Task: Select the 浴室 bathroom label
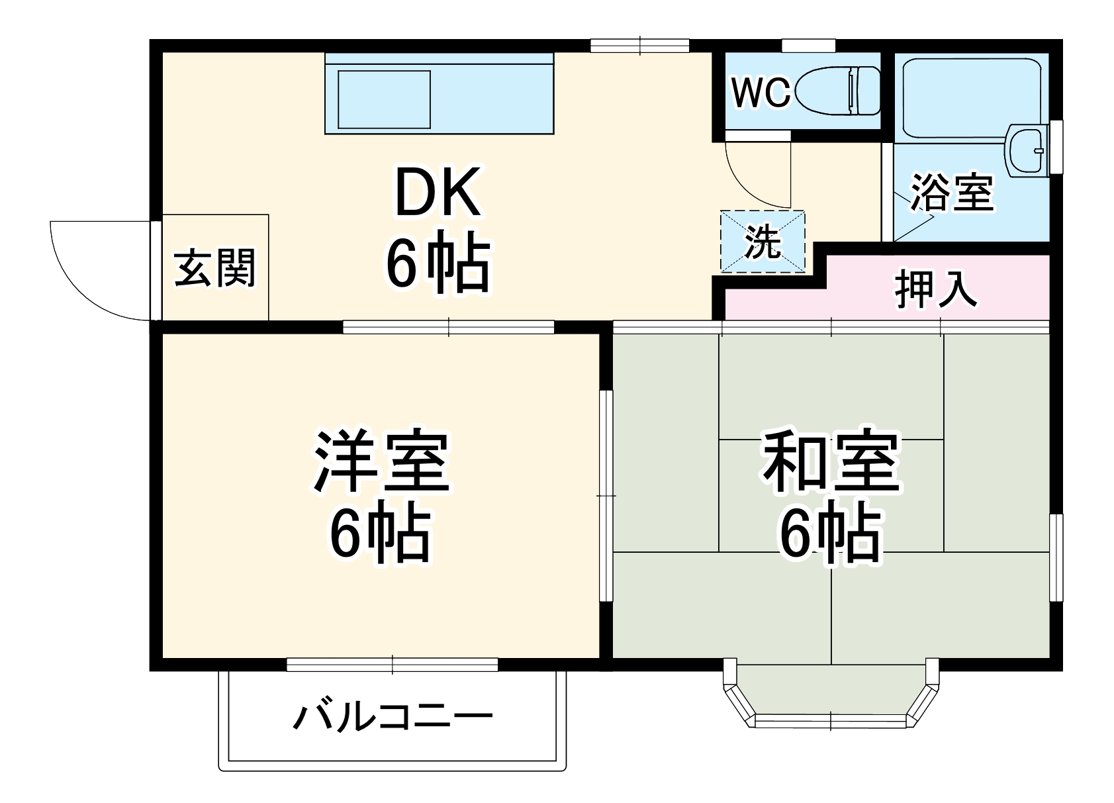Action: [x=952, y=192]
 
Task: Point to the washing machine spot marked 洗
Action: [x=763, y=242]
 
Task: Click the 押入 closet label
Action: [x=936, y=290]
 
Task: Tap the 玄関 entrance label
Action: [x=214, y=268]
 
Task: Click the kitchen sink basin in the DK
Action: [x=384, y=99]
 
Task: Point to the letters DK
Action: [x=437, y=193]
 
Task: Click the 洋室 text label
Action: [x=381, y=462]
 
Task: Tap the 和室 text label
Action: [x=831, y=462]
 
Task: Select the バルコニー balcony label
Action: [x=393, y=717]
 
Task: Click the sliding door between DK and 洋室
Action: [x=448, y=326]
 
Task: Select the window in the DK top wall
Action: [x=639, y=46]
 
